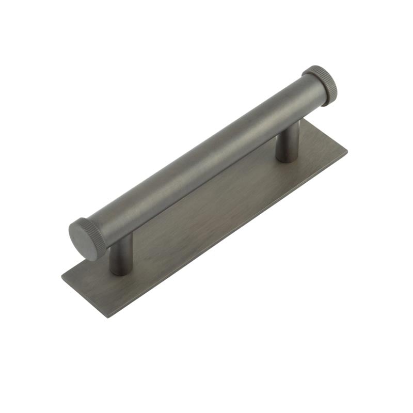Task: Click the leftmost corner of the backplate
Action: click(61, 279)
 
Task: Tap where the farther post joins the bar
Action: click(289, 124)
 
